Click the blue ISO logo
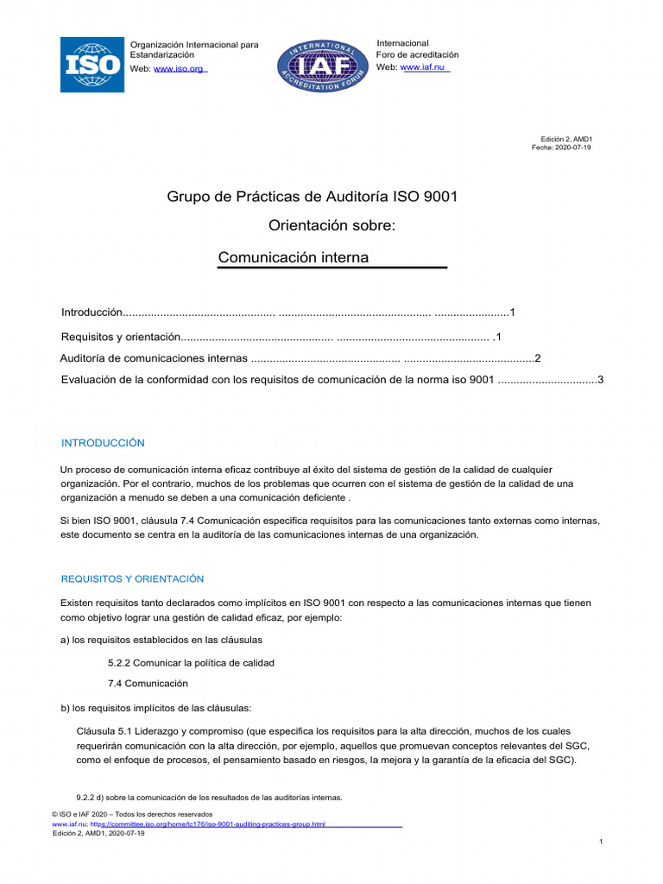point(92,65)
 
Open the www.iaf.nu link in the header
point(425,67)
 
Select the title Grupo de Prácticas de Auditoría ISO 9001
point(312,197)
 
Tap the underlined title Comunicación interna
point(294,257)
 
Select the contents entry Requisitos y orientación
point(120,336)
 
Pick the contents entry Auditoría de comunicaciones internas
point(154,358)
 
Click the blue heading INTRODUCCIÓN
point(103,443)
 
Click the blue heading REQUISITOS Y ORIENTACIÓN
point(132,578)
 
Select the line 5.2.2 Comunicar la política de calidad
point(191,662)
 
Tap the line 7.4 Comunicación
point(148,683)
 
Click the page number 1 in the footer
point(600,841)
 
